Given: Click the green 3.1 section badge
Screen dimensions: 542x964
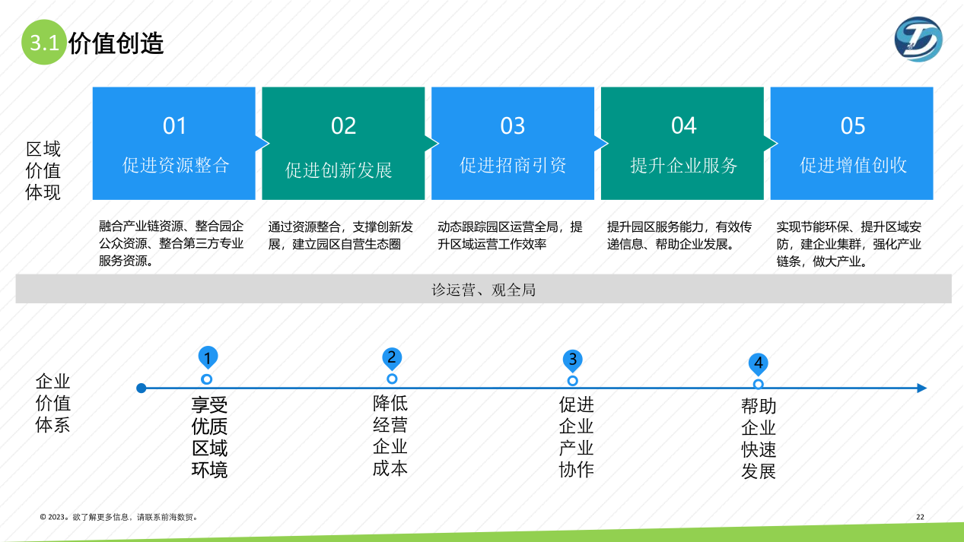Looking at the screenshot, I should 44,43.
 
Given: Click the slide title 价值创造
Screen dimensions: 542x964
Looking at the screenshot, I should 116,43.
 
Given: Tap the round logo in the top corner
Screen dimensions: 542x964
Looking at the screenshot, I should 918,39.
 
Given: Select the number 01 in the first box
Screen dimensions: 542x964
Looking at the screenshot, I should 174,125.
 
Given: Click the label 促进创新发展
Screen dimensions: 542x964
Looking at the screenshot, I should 339,170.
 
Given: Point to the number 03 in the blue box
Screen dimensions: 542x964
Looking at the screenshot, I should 512,125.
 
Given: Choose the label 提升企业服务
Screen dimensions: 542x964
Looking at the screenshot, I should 683,165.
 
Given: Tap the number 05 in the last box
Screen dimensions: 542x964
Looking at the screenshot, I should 852,125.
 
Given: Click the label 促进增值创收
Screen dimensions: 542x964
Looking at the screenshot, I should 853,165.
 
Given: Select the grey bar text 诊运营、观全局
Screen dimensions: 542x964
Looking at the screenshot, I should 483,290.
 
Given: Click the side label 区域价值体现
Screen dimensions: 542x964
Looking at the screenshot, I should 43,170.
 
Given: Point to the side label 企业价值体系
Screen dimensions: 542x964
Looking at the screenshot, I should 52,403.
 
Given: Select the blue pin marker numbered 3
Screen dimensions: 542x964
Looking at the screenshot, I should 573,360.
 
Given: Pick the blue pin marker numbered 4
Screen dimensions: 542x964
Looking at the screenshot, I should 758,363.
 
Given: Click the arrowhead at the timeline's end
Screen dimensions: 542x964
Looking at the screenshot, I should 921,388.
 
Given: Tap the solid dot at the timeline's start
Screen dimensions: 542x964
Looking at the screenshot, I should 141,388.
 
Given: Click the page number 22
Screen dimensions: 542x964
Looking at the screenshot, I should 920,517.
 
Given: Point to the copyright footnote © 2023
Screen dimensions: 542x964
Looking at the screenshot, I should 119,517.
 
